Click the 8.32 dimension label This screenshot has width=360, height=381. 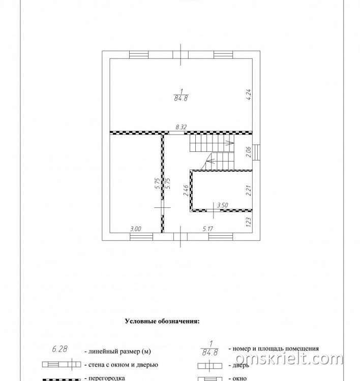[x=181, y=127]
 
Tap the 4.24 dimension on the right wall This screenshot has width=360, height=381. [x=248, y=95]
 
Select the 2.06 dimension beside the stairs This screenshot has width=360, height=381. [x=248, y=152]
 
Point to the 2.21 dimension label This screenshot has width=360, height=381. [x=248, y=190]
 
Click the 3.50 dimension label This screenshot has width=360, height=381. [x=223, y=205]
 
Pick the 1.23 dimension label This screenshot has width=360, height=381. [x=248, y=222]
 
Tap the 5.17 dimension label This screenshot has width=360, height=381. [x=208, y=229]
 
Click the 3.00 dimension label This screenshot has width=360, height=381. [x=135, y=229]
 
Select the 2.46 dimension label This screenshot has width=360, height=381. [x=186, y=190]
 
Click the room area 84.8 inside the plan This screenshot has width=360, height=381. [x=181, y=99]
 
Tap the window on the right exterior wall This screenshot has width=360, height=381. [x=256, y=152]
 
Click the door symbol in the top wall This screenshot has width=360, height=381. [x=181, y=55]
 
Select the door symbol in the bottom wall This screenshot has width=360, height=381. [x=180, y=237]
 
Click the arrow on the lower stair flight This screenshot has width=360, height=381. [x=211, y=161]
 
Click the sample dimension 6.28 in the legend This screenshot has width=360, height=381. [x=59, y=349]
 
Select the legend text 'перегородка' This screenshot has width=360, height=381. [x=107, y=378]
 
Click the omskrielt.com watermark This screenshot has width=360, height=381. [x=289, y=359]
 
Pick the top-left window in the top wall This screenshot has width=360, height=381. [x=139, y=55]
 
